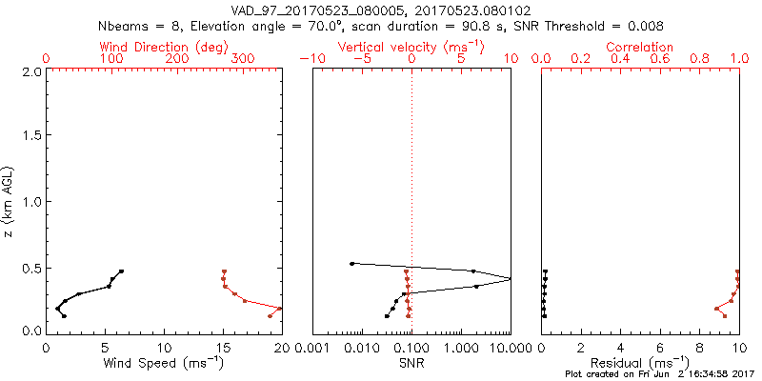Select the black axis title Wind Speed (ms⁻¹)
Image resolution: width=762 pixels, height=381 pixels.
(x=163, y=363)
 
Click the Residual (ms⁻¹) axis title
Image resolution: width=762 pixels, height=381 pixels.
(x=639, y=363)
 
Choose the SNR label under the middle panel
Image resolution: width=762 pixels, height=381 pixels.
(x=411, y=363)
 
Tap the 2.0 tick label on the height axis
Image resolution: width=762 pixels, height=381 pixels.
(x=31, y=71)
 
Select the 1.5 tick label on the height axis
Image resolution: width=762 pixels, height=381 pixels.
(x=31, y=136)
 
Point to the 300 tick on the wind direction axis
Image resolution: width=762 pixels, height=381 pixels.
(x=243, y=59)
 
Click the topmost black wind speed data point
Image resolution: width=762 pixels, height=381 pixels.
(x=121, y=271)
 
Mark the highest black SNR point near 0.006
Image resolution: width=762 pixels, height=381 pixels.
(x=352, y=264)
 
